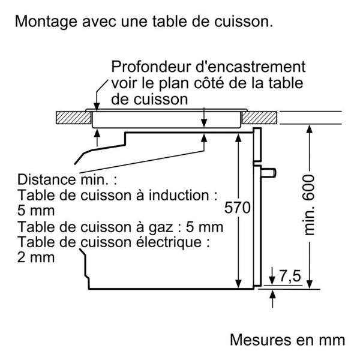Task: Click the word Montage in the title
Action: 45,22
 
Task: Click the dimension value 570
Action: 238,209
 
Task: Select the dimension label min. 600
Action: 310,205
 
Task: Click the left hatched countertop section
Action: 70,116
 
